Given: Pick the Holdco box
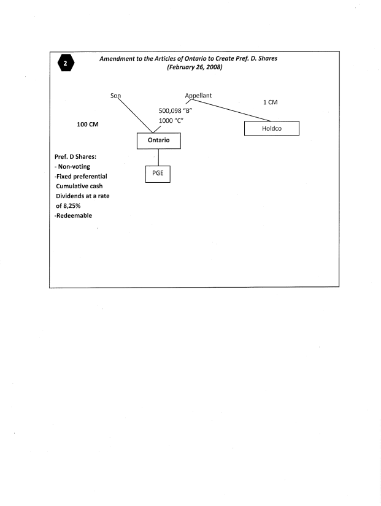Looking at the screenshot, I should (271, 129).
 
